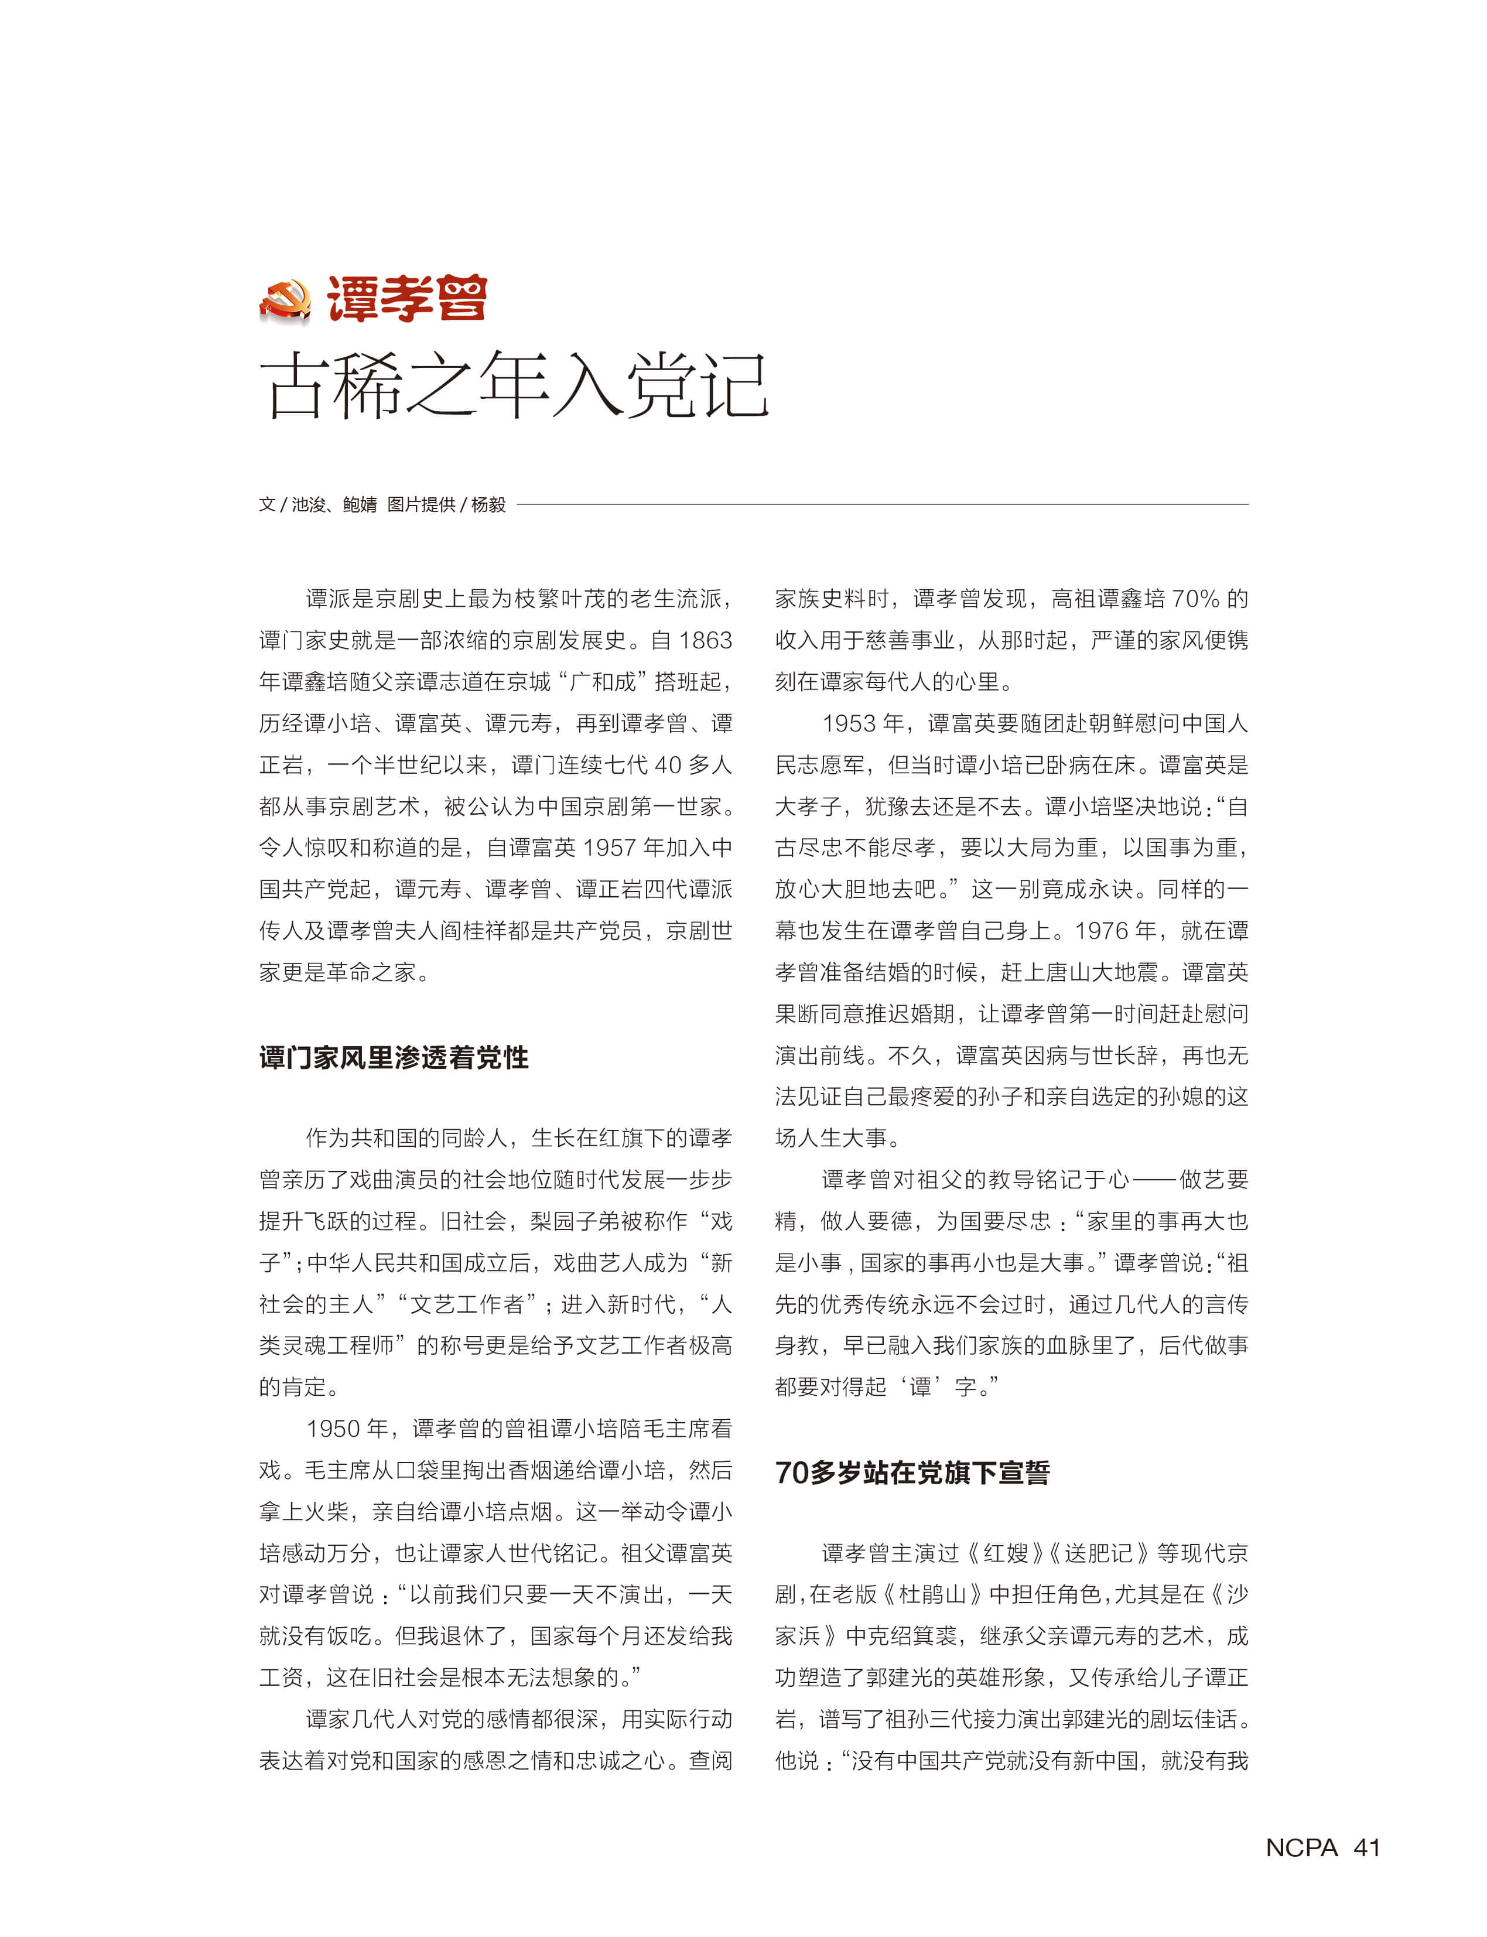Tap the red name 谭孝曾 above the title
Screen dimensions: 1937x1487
pyautogui.click(x=407, y=298)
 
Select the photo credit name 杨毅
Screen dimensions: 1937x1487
pyautogui.click(x=488, y=505)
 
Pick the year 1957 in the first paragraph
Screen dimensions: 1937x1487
pyautogui.click(x=610, y=847)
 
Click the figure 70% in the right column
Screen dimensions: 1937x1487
pyautogui.click(x=1196, y=599)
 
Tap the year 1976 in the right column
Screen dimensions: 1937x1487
pyautogui.click(x=1103, y=931)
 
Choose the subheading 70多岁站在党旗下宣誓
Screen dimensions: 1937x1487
pyautogui.click(x=912, y=1473)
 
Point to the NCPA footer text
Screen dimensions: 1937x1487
pyautogui.click(x=1301, y=1847)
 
